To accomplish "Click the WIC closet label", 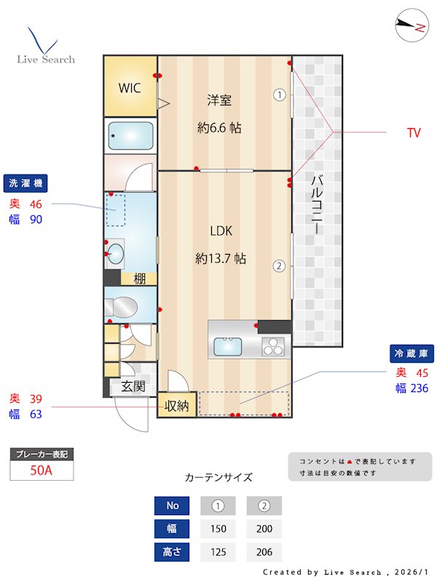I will point(130,88).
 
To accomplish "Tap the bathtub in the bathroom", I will point(130,135).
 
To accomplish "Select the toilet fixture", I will point(124,306).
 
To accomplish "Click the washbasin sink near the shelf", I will point(115,254).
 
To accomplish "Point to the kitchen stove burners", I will point(275,346).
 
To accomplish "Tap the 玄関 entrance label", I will point(133,387).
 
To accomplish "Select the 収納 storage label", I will point(177,406).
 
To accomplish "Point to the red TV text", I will point(414,133).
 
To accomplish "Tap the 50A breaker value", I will point(42,471).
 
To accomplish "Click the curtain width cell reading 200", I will point(264,529).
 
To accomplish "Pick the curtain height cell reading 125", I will point(218,552).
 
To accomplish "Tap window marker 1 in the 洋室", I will point(278,94).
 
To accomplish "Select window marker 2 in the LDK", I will point(278,266).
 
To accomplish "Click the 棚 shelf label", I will point(140,278).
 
